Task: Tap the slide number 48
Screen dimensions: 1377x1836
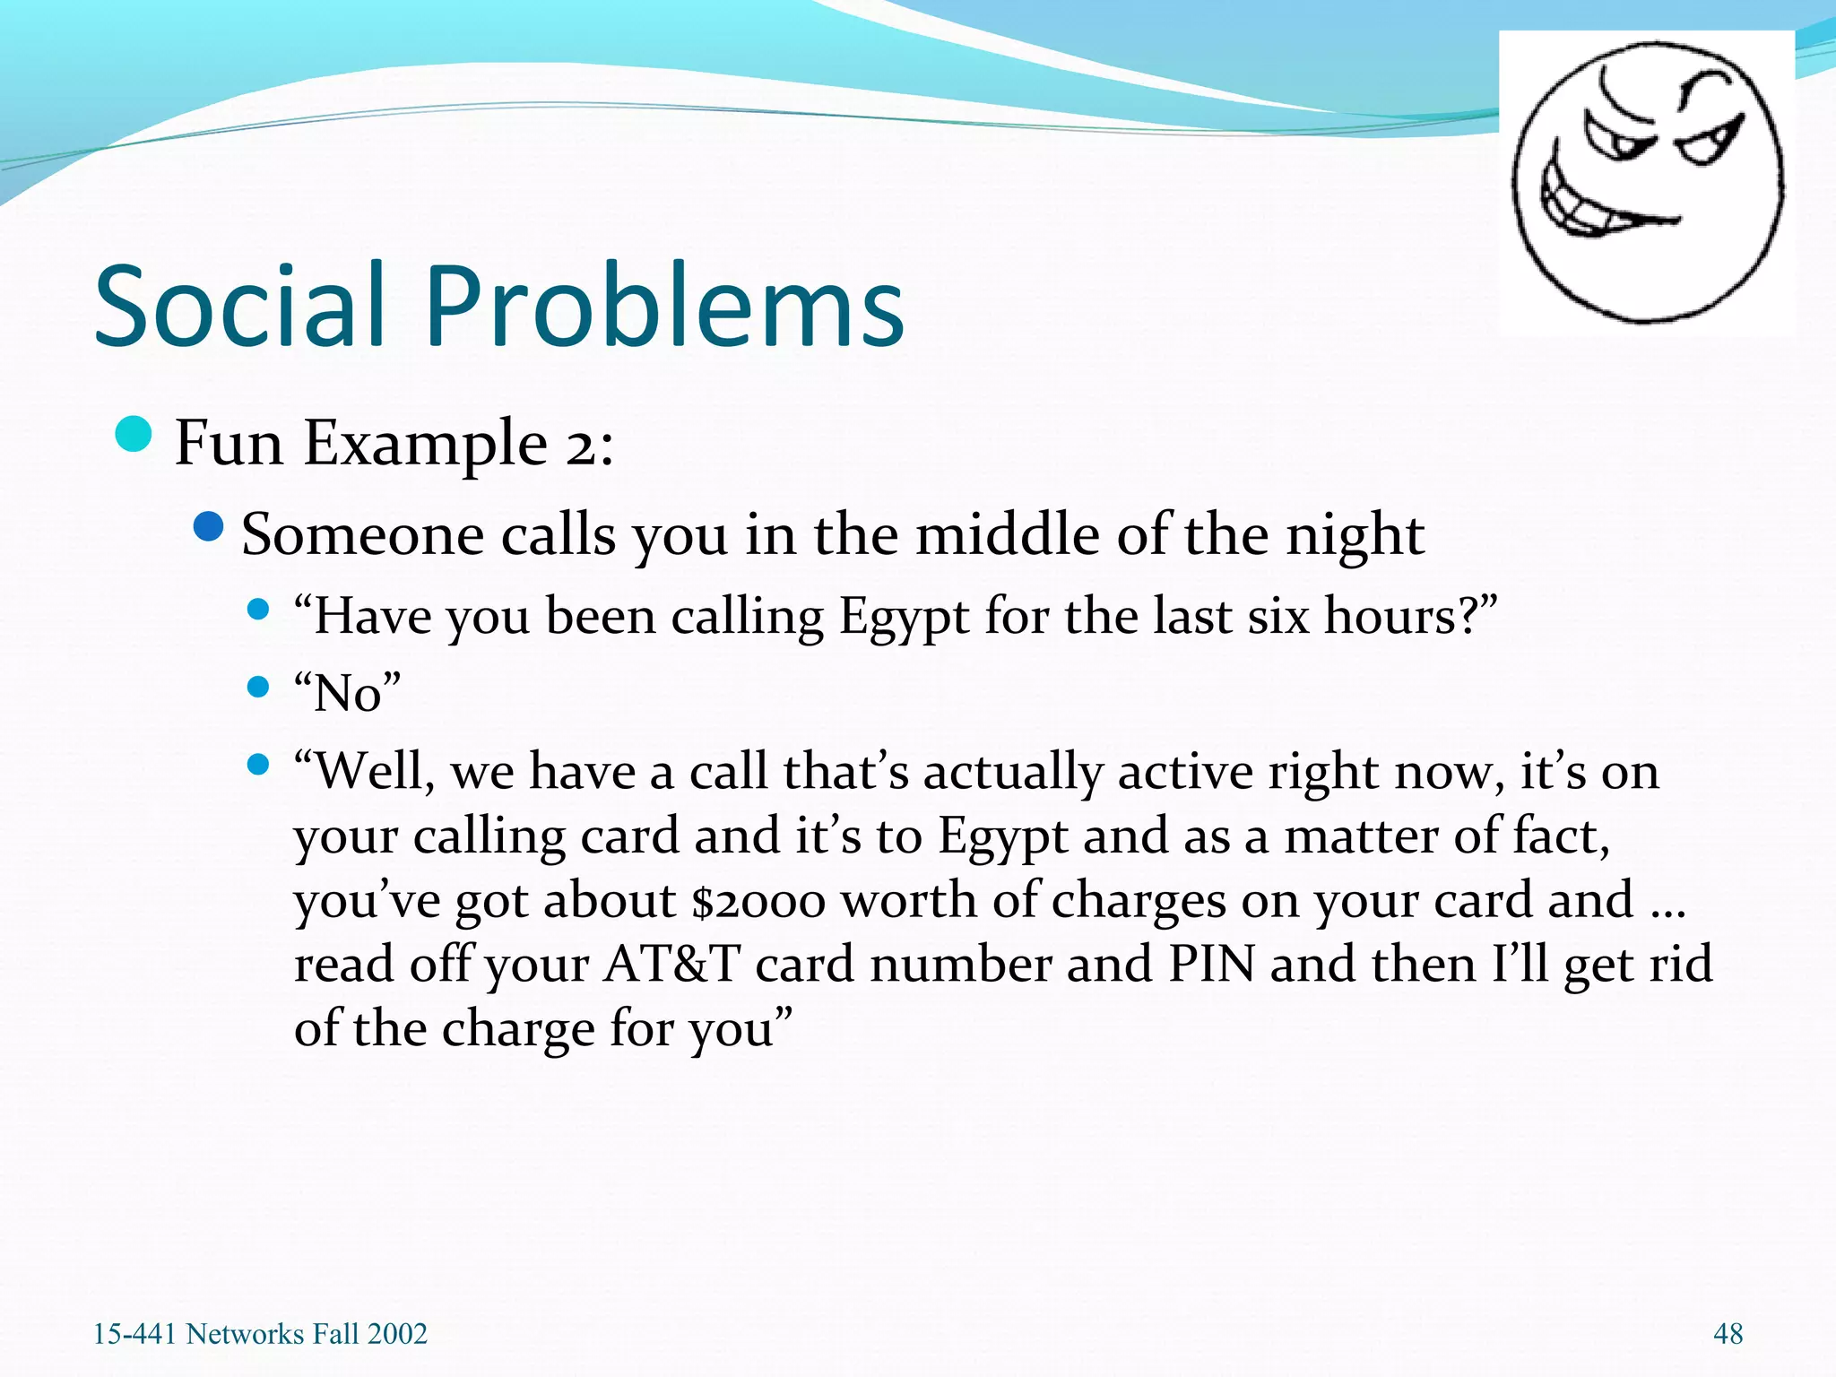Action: pyautogui.click(x=1728, y=1334)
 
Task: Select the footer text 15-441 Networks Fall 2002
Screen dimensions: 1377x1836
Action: pyautogui.click(x=260, y=1334)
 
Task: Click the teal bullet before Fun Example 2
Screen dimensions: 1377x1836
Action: pyautogui.click(x=134, y=436)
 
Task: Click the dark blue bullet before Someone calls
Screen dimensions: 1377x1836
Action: pyautogui.click(x=208, y=527)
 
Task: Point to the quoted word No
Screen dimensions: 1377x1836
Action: pyautogui.click(x=348, y=693)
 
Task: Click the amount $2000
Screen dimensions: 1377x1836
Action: pyautogui.click(x=758, y=901)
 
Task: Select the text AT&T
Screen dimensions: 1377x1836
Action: pyautogui.click(x=671, y=965)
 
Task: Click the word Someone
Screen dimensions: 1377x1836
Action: pyautogui.click(x=363, y=536)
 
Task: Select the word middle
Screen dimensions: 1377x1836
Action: pyautogui.click(x=1009, y=536)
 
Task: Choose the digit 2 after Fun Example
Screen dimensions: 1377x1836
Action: pyautogui.click(x=579, y=445)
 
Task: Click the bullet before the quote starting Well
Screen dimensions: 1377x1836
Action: pyautogui.click(x=258, y=765)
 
